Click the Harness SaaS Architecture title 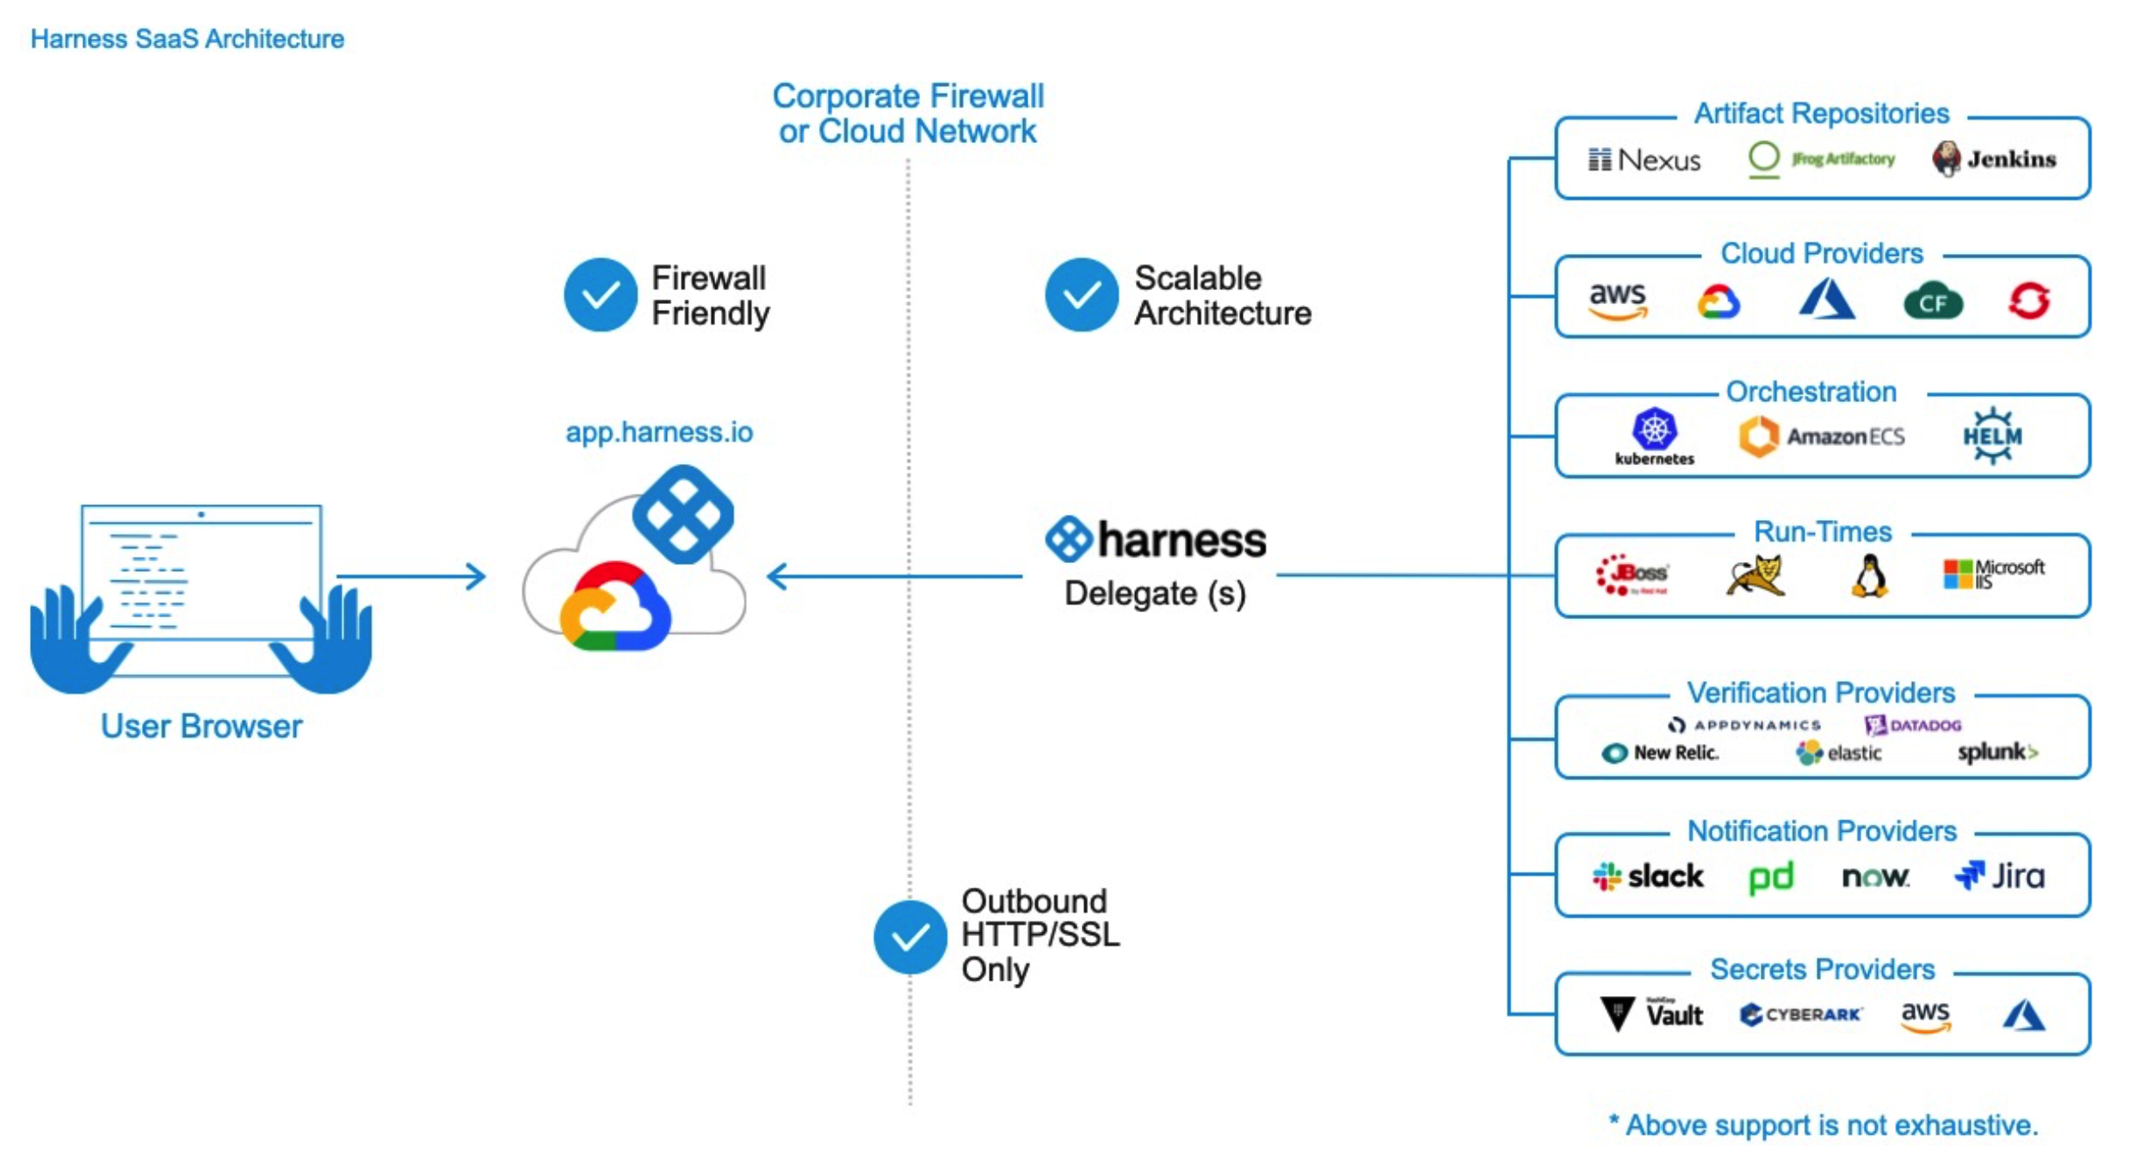(187, 39)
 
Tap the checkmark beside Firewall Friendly (600, 294)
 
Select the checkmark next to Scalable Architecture (1081, 294)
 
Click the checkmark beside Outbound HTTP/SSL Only (909, 937)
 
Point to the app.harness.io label (658, 431)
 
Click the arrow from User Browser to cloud (410, 576)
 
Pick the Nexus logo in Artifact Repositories (1644, 160)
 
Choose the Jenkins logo (1993, 159)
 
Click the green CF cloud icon (1932, 301)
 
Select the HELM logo (1991, 436)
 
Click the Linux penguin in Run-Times (1869, 576)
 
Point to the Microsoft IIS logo (1992, 574)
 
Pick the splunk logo (1996, 752)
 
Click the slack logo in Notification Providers (1647, 876)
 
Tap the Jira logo (1999, 876)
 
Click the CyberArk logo (1800, 1014)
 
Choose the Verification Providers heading (1820, 692)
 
